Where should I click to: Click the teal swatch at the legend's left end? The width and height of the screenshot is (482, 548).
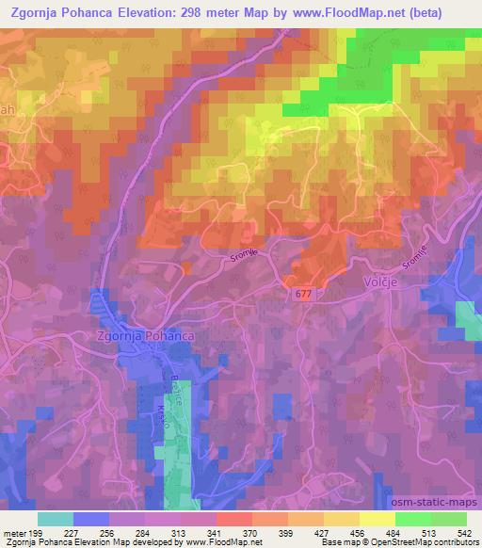(55, 519)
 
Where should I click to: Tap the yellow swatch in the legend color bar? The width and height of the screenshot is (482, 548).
(378, 519)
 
